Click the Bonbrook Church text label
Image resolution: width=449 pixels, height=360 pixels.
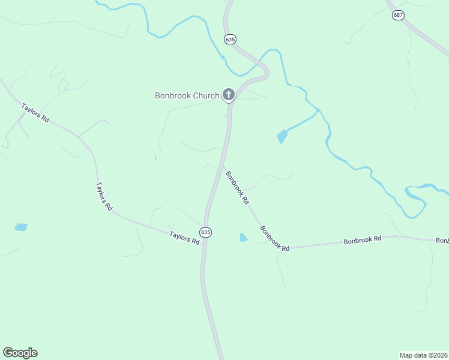click(x=187, y=95)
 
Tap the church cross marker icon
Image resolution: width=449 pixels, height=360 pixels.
click(x=228, y=94)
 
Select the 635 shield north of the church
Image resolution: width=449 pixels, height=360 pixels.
click(x=230, y=39)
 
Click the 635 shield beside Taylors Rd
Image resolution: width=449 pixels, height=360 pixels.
click(x=206, y=232)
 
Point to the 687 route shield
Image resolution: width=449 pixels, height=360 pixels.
click(x=397, y=15)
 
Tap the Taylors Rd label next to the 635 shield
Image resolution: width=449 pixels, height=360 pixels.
click(x=184, y=238)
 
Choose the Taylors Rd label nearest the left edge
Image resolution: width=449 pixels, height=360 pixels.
click(x=35, y=113)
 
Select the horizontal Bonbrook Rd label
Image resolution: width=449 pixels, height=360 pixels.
click(x=363, y=239)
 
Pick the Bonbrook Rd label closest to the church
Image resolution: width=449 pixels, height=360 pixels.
click(x=237, y=188)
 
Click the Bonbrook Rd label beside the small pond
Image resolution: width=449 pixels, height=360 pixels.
click(x=275, y=238)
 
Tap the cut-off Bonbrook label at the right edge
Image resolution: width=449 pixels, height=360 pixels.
click(x=442, y=241)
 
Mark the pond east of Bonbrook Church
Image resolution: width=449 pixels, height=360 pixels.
click(x=282, y=137)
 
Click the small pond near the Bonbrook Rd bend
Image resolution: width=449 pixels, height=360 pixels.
click(x=243, y=238)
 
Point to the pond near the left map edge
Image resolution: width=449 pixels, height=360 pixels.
click(x=21, y=227)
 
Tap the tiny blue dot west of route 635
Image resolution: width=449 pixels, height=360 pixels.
click(x=155, y=158)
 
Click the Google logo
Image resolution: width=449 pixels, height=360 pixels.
click(x=20, y=353)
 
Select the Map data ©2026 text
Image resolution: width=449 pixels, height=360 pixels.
click(x=424, y=355)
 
